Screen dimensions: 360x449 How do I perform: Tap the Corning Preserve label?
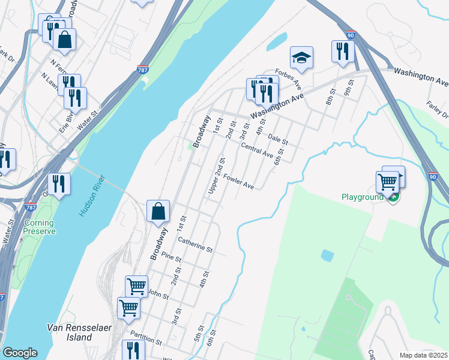click(x=39, y=227)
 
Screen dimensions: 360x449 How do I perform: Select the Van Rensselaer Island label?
click(x=70, y=332)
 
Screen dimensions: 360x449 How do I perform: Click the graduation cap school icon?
click(x=302, y=58)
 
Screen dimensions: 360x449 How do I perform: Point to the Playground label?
click(x=363, y=197)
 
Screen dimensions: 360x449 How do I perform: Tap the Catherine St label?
click(x=196, y=245)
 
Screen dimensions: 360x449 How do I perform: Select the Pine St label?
click(x=171, y=257)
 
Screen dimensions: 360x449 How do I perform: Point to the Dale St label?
click(x=279, y=139)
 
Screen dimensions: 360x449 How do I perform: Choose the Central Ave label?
click(x=257, y=149)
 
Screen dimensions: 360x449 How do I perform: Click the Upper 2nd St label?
click(x=217, y=175)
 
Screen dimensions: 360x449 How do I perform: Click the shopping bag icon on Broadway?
click(x=158, y=212)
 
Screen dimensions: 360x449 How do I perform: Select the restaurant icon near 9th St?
click(x=343, y=51)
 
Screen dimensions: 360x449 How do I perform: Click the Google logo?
click(x=20, y=353)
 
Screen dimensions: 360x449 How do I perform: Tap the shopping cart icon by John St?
click(x=137, y=286)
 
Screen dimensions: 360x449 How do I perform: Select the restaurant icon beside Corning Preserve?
click(x=59, y=184)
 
